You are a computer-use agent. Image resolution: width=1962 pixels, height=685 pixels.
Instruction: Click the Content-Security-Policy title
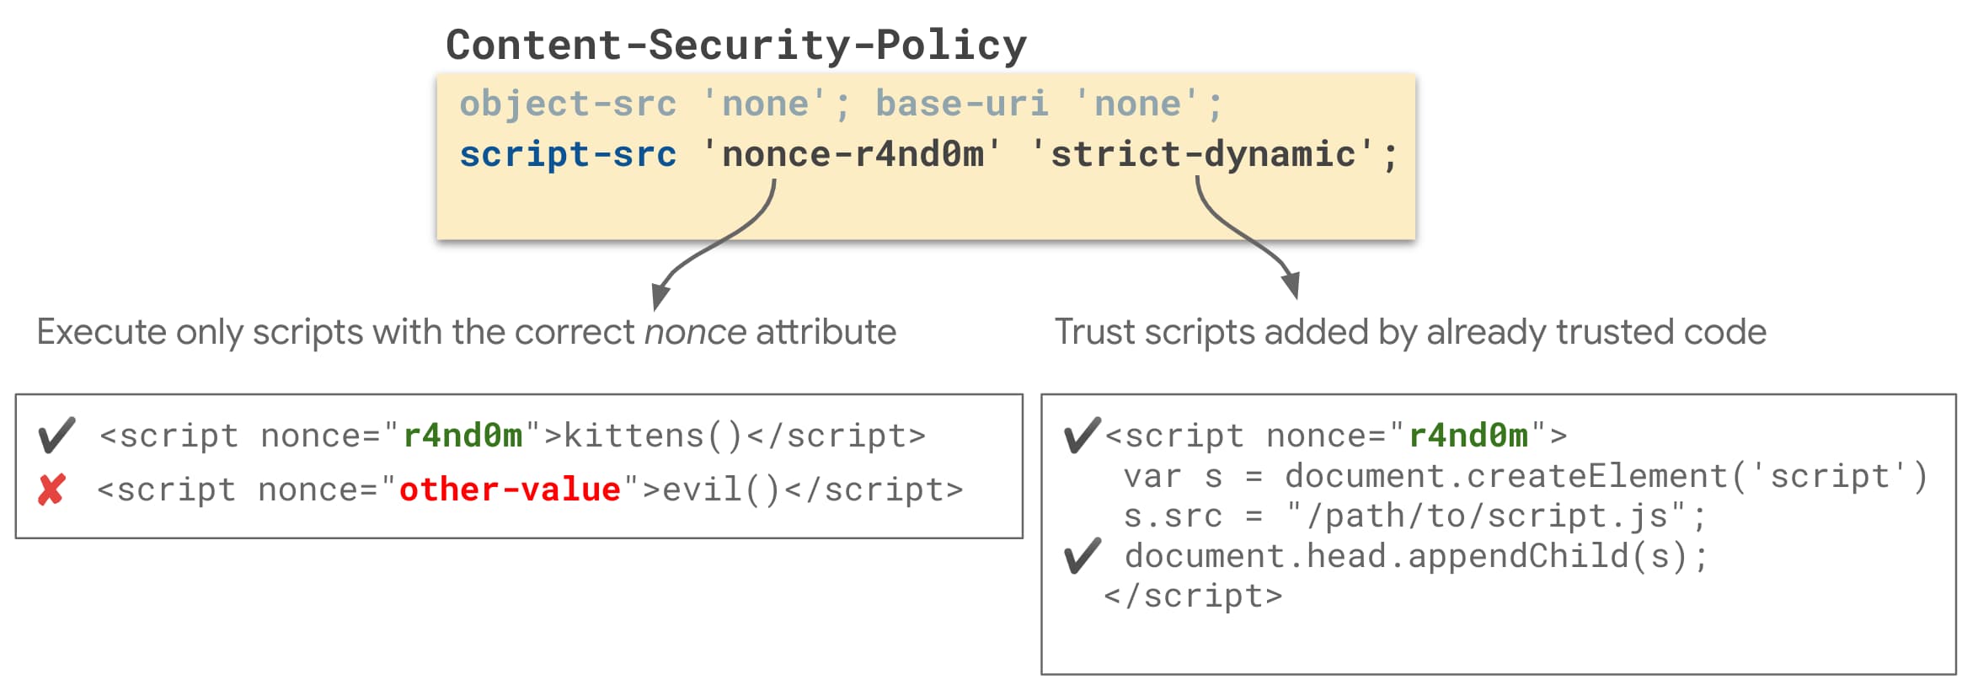tap(735, 45)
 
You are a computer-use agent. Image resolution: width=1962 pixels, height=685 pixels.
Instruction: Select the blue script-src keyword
tap(567, 154)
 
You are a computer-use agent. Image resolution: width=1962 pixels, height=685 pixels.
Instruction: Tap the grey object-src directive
tap(567, 104)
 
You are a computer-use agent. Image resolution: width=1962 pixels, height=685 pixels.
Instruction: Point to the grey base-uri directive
tap(961, 104)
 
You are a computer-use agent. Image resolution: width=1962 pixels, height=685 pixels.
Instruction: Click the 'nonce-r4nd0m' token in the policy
tap(852, 154)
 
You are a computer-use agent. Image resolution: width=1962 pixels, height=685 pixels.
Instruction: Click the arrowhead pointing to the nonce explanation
tap(661, 297)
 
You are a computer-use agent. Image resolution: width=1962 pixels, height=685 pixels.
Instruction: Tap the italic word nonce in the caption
tap(695, 332)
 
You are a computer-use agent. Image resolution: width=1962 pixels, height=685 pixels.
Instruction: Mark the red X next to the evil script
tap(51, 490)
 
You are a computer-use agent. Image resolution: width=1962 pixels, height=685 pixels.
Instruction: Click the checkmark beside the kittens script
tap(56, 436)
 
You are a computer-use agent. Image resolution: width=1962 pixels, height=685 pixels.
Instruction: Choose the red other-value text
tap(510, 490)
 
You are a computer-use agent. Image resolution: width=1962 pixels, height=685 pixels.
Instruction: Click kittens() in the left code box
tap(653, 436)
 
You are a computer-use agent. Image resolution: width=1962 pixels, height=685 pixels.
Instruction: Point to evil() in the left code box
tap(721, 490)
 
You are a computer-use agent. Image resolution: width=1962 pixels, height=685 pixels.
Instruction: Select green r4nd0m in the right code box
tap(1468, 436)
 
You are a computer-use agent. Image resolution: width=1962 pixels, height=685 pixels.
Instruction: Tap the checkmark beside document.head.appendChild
tap(1082, 556)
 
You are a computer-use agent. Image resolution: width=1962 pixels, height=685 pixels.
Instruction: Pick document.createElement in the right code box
tap(1505, 477)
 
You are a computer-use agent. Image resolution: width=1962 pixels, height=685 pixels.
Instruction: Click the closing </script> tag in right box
tap(1193, 596)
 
